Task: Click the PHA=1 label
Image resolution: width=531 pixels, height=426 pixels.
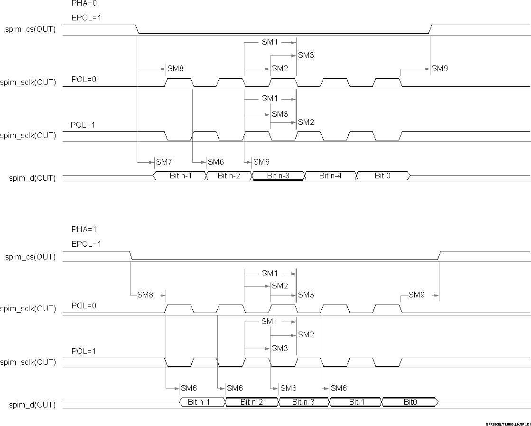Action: [84, 229]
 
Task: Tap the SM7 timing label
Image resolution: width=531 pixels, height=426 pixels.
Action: [164, 162]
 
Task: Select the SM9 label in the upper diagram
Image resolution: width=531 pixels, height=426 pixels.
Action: [439, 68]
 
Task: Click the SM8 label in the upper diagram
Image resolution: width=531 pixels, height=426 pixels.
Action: [175, 68]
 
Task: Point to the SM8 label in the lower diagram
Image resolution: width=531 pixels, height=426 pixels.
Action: [145, 295]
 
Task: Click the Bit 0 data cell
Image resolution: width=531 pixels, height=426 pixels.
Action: [382, 176]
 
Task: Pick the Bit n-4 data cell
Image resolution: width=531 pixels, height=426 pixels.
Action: [330, 176]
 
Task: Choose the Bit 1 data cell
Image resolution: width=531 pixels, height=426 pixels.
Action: [354, 402]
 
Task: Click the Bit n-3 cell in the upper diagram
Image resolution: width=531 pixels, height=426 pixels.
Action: [278, 176]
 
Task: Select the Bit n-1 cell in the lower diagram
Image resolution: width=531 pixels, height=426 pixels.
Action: [199, 402]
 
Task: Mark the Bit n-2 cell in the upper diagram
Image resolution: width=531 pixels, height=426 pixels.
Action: [229, 176]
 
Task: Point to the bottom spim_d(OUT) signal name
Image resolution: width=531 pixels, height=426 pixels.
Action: [32, 405]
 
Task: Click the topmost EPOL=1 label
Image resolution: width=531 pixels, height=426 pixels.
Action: [86, 18]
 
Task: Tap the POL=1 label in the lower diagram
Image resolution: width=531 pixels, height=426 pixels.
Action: [83, 352]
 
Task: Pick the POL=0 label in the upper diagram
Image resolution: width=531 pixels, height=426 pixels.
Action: [84, 79]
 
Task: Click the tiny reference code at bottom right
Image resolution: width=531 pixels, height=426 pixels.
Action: [508, 424]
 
